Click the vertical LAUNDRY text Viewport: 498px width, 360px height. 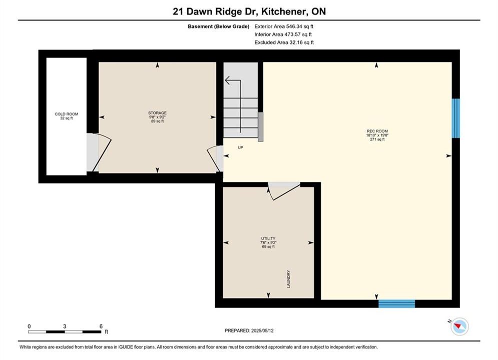(x=289, y=279)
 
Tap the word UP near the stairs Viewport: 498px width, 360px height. (x=240, y=147)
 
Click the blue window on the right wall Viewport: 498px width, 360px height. (x=456, y=118)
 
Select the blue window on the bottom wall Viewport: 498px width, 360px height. (x=397, y=304)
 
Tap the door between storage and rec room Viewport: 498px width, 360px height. (x=215, y=158)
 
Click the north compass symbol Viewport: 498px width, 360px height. (x=459, y=326)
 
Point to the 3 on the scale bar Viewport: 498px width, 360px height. (x=65, y=326)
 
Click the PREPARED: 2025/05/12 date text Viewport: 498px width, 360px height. (x=249, y=330)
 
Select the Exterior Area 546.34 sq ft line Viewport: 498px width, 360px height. (x=284, y=26)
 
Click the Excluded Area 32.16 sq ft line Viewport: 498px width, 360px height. (x=284, y=42)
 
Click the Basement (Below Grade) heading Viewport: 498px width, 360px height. (x=219, y=26)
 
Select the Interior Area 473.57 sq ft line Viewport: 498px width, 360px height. (x=283, y=34)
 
